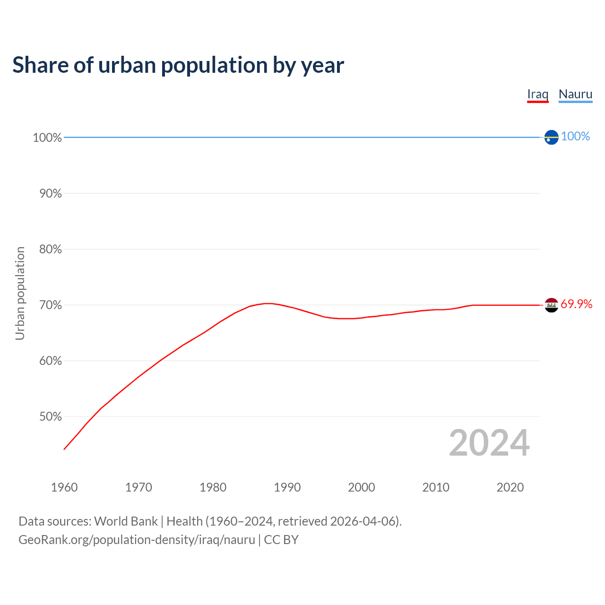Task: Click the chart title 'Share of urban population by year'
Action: [x=178, y=65]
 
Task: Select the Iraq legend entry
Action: [x=537, y=94]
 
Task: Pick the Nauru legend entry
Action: [x=575, y=94]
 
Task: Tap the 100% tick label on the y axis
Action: [x=47, y=138]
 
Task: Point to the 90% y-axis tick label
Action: [x=51, y=193]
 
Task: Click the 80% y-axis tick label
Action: [x=51, y=249]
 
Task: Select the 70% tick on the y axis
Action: [x=51, y=305]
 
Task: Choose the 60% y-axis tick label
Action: [x=51, y=361]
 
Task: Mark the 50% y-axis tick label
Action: [x=51, y=416]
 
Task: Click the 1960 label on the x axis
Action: [x=64, y=487]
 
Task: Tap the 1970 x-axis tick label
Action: [x=138, y=487]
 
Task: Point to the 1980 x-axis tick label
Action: [x=213, y=487]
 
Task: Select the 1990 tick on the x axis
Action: [x=287, y=487]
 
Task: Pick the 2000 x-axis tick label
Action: [x=361, y=487]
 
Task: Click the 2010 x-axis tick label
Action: [x=435, y=487]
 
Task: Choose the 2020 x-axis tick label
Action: [x=510, y=487]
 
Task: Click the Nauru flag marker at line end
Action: [x=551, y=137]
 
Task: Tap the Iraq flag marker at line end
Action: [x=551, y=305]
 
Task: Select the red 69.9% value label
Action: [x=576, y=304]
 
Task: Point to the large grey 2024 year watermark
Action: [x=489, y=443]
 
